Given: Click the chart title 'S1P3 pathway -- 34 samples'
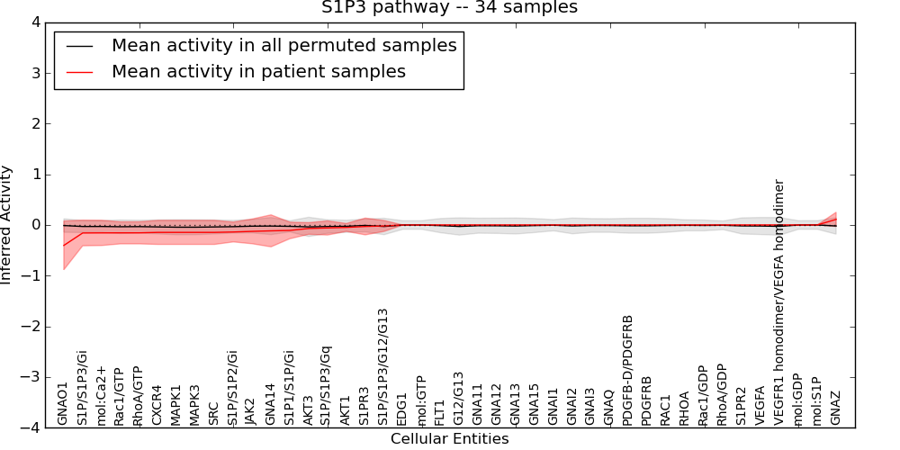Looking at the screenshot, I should click(449, 8).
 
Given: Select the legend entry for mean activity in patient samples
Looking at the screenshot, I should click(258, 72).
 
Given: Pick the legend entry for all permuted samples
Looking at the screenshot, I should click(283, 46).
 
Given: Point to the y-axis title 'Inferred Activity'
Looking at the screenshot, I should click(7, 225).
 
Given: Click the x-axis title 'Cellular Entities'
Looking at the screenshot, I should click(449, 439).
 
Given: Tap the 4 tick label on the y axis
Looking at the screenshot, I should click(35, 22).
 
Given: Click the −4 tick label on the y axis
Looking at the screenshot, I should click(31, 428).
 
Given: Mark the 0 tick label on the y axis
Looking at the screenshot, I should click(35, 225).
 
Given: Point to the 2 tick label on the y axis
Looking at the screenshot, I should click(35, 123).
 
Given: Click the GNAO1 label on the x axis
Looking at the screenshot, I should click(63, 402).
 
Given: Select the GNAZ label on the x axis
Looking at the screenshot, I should click(835, 407).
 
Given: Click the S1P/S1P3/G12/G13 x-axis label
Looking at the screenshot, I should click(382, 366).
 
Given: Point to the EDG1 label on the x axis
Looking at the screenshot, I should click(401, 408).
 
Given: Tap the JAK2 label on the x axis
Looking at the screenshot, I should click(251, 408).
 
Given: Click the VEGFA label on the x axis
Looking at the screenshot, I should click(760, 404).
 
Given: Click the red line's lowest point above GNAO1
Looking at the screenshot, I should click(63, 246).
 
